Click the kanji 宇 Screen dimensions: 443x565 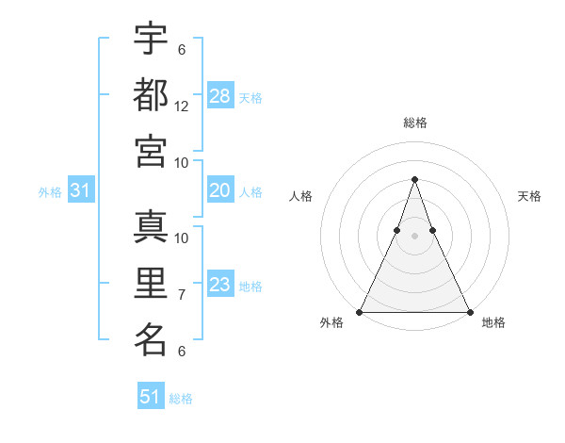click(151, 39)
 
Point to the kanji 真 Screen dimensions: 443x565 click(151, 227)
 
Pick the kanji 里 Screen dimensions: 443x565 click(151, 283)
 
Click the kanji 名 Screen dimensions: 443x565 click(151, 338)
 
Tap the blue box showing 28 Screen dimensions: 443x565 click(220, 95)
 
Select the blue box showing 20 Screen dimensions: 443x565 click(220, 190)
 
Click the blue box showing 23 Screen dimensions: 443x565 click(220, 285)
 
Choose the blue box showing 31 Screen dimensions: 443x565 click(81, 190)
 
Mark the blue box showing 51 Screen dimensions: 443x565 click(151, 397)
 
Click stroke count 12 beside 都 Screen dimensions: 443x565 click(182, 107)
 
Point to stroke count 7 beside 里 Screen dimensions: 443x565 click(182, 295)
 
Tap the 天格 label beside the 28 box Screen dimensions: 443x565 click(250, 97)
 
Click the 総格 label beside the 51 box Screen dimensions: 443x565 click(181, 399)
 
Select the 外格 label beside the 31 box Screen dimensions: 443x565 click(50, 192)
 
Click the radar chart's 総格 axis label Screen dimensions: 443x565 click(414, 123)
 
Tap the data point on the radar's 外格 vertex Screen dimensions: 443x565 click(360, 312)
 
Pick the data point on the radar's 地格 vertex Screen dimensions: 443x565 click(469, 312)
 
